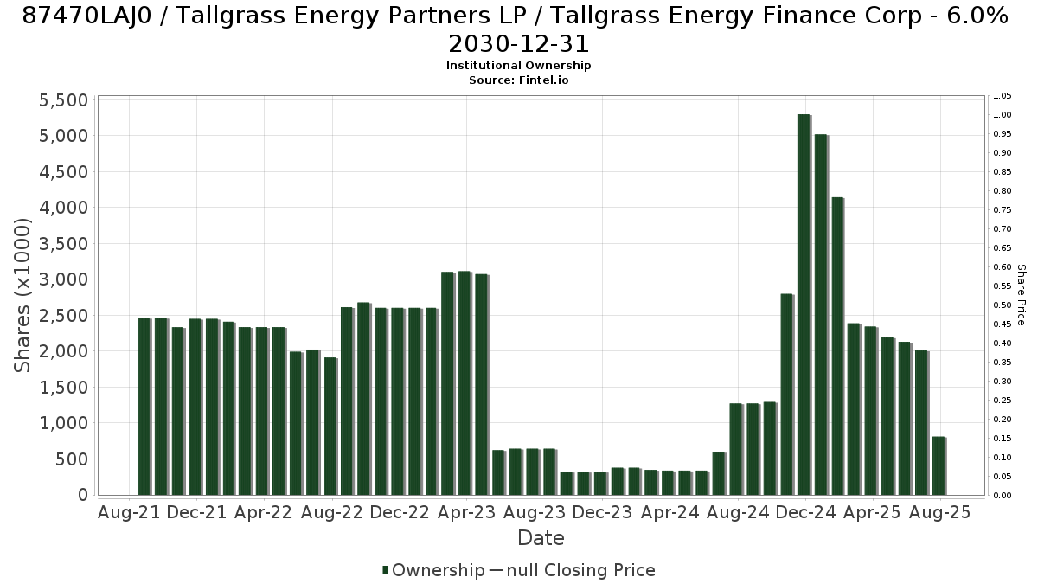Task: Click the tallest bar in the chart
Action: pyautogui.click(x=804, y=305)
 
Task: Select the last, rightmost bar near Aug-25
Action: pyautogui.click(x=939, y=465)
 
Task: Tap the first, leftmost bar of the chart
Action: pyautogui.click(x=144, y=407)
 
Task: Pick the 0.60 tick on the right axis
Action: pyautogui.click(x=1002, y=267)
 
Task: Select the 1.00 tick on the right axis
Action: pyautogui.click(x=1002, y=115)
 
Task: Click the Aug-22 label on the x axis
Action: pyautogui.click(x=332, y=512)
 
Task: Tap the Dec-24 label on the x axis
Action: pyautogui.click(x=806, y=512)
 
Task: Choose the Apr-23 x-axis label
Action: pyautogui.click(x=466, y=512)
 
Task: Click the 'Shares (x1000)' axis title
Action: pyautogui.click(x=22, y=295)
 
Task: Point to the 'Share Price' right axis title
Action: pyautogui.click(x=1021, y=295)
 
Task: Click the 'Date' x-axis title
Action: pyautogui.click(x=541, y=538)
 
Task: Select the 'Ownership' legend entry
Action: pyautogui.click(x=433, y=570)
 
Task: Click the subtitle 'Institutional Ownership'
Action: pyautogui.click(x=518, y=66)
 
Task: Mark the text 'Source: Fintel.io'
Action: pyautogui.click(x=518, y=80)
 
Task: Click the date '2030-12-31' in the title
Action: pyautogui.click(x=518, y=44)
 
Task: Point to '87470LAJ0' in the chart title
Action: pyautogui.click(x=87, y=16)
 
